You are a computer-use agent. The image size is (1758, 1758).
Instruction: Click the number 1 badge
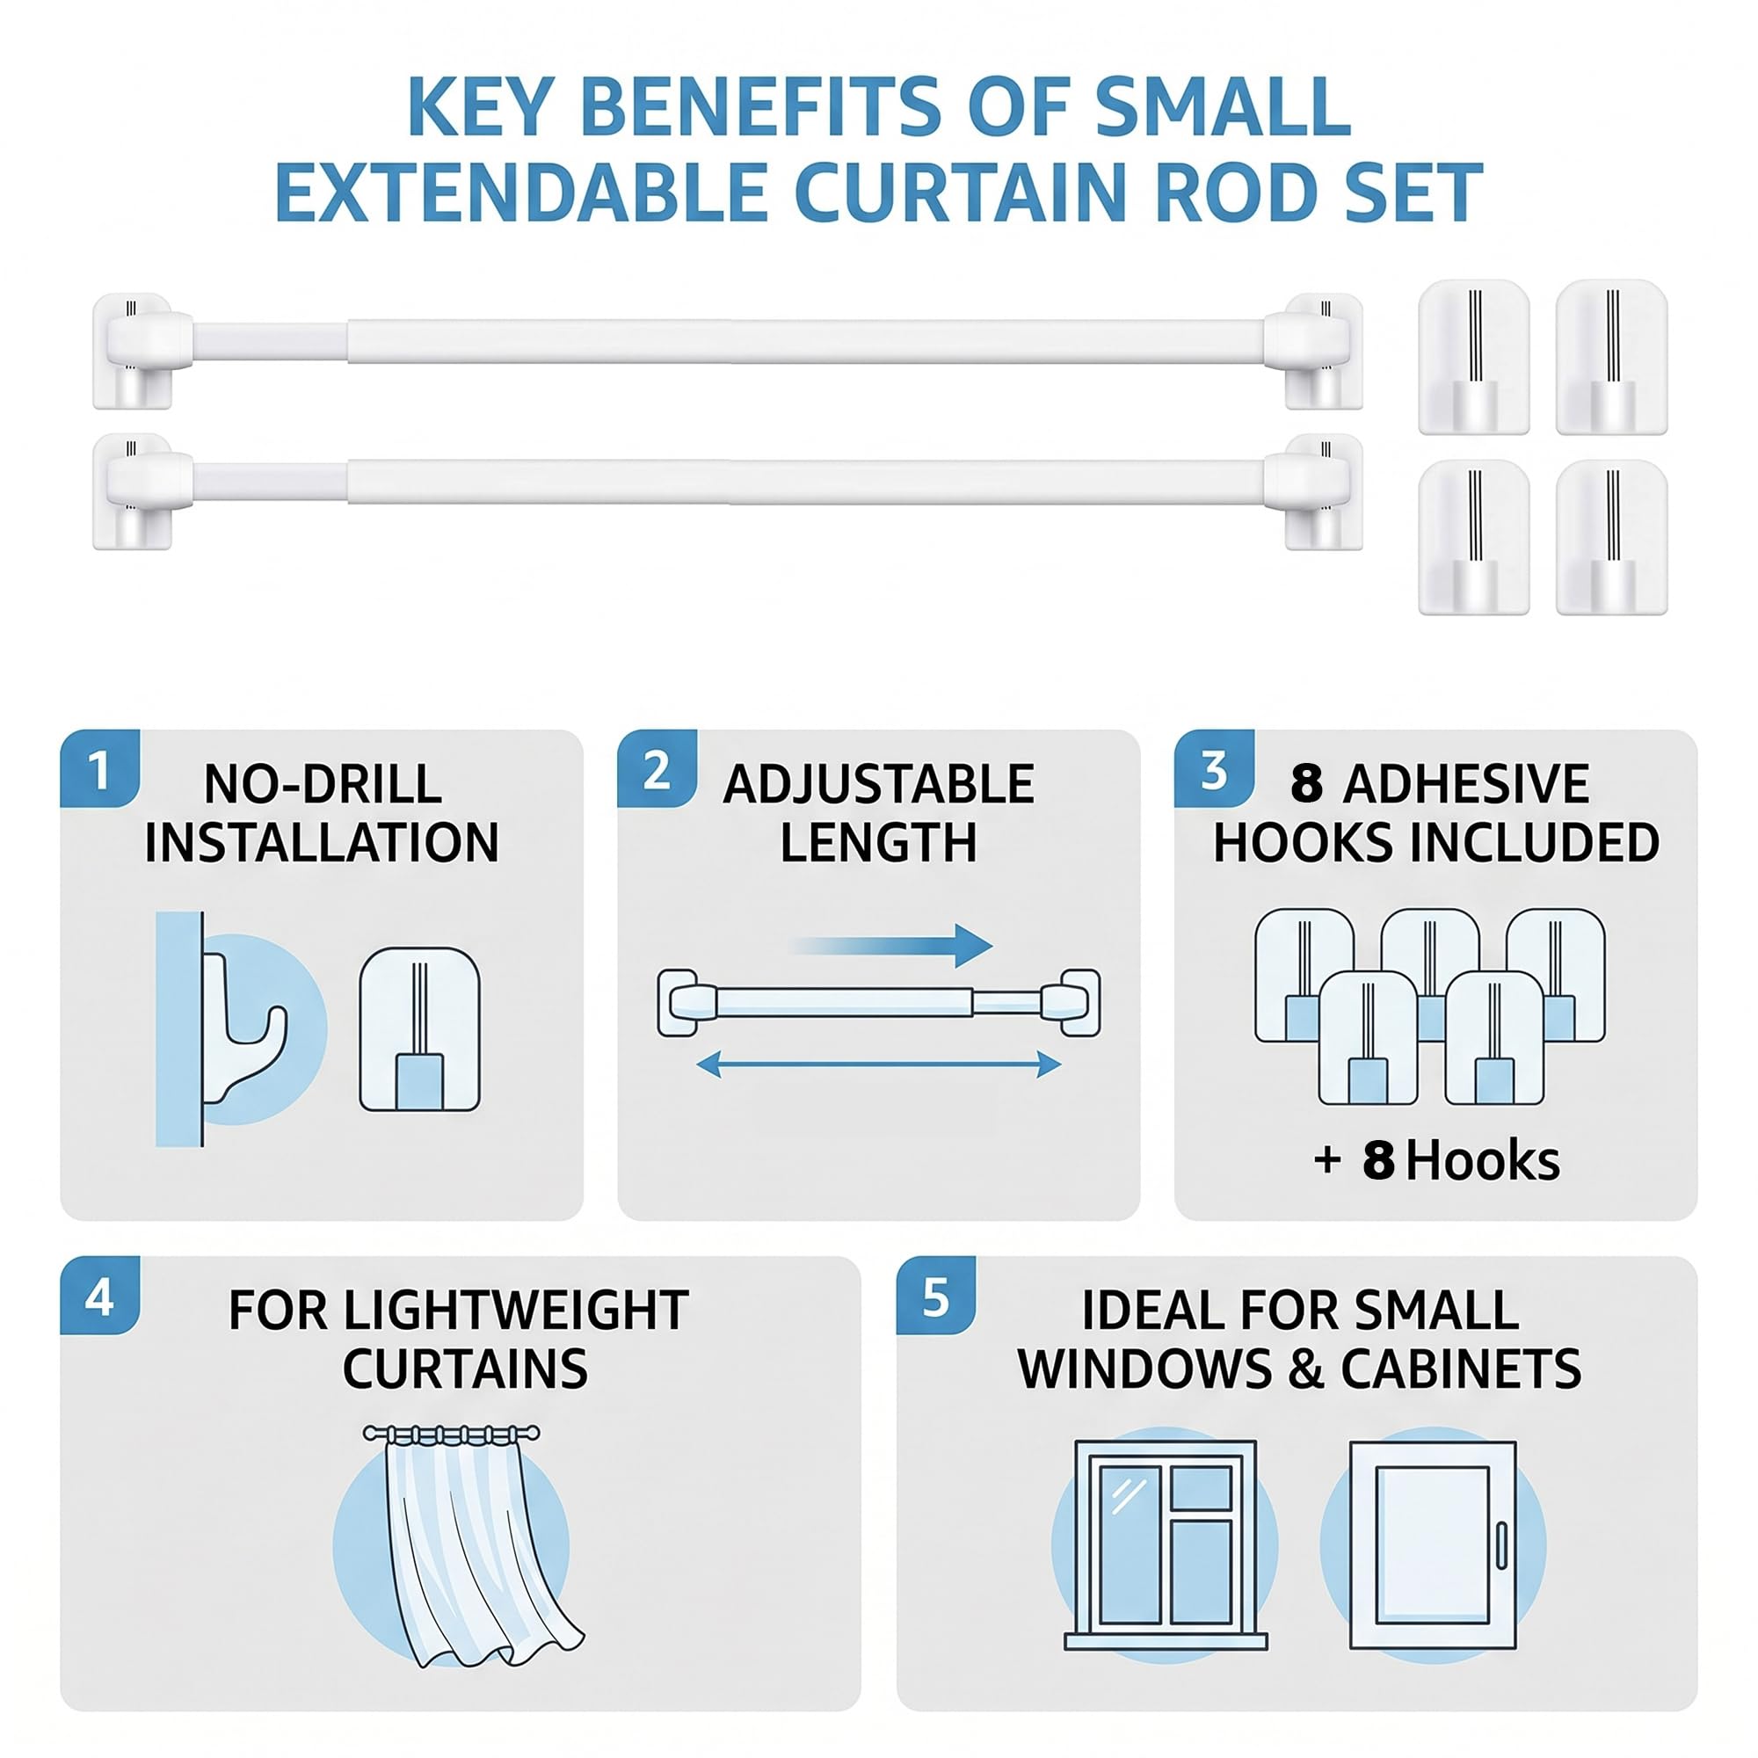point(99,769)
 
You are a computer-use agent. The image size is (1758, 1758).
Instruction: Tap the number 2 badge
point(656,769)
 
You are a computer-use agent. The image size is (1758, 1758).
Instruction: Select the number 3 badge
point(1213,769)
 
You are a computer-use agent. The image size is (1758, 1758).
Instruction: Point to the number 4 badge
point(99,1296)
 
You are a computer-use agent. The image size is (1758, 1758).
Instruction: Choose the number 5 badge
point(935,1296)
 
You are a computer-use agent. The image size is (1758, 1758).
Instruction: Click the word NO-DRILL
point(322,783)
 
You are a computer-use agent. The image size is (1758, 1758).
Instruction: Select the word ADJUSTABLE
point(878,783)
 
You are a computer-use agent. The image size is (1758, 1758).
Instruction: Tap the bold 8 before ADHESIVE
point(1306,783)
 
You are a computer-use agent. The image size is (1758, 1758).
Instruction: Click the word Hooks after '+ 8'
point(1482,1161)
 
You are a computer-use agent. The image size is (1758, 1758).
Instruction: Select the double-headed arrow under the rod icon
point(878,1064)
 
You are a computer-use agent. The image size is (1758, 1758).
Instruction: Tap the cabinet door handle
point(1501,1545)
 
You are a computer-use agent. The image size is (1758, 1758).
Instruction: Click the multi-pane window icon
point(1166,1545)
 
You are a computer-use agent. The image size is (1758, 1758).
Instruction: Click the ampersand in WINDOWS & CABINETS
point(1306,1369)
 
